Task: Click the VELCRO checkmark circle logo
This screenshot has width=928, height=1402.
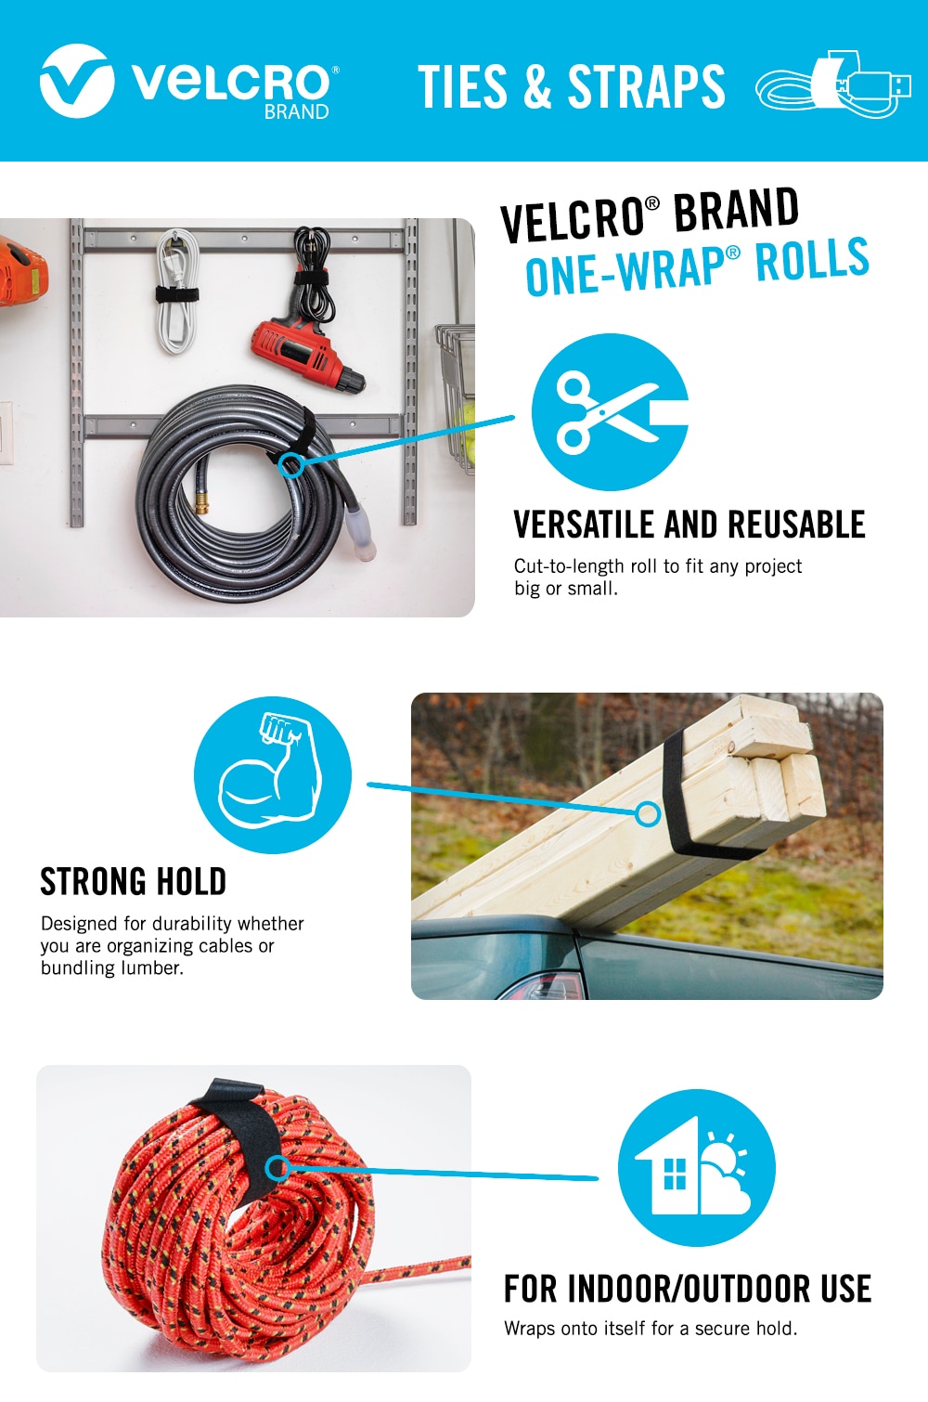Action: tap(77, 81)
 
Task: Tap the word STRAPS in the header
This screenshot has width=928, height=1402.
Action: tap(647, 86)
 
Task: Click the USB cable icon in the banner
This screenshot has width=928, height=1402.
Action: tap(833, 85)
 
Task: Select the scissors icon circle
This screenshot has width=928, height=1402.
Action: tap(610, 412)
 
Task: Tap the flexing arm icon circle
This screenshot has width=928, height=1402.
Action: tap(272, 775)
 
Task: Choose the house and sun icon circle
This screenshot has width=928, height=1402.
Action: tap(697, 1168)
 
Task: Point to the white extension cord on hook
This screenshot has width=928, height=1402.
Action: tap(177, 291)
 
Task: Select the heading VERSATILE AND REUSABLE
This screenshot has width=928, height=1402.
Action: tap(689, 525)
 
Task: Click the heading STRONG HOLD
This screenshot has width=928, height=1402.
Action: tap(134, 882)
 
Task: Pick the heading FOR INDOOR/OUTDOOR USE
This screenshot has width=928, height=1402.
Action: tap(688, 1289)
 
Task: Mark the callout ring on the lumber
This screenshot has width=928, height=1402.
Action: tap(648, 813)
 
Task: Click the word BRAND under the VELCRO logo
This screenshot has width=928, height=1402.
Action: tap(297, 112)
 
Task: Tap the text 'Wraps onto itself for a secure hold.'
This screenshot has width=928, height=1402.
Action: tap(651, 1328)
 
